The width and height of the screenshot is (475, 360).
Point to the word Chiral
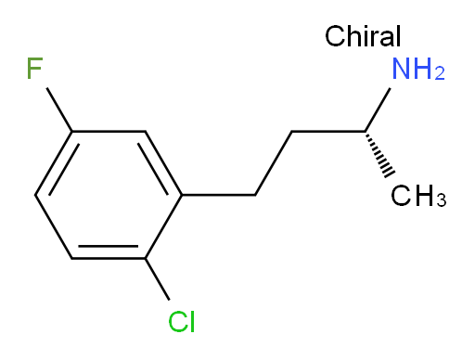click(363, 38)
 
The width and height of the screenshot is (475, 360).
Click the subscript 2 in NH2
click(439, 76)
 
